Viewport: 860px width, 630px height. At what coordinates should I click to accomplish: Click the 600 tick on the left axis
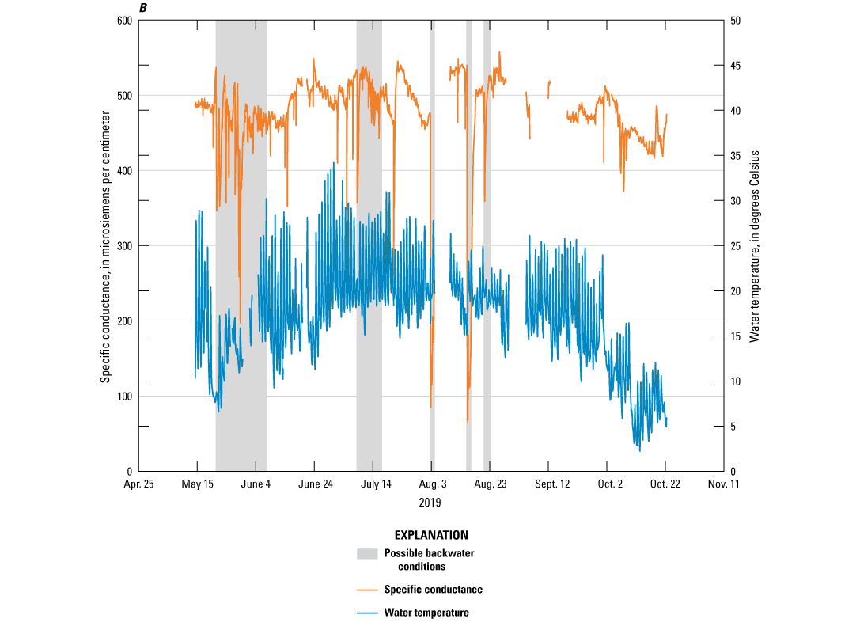123,21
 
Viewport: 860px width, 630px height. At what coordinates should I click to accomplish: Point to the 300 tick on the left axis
123,246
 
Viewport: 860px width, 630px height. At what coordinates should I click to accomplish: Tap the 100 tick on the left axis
123,397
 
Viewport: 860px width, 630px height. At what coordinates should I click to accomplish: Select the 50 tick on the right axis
735,21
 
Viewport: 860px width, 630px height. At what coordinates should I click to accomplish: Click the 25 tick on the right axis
735,246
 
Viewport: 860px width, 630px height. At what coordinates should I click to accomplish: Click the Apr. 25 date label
138,484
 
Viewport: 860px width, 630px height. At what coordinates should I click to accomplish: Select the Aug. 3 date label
432,484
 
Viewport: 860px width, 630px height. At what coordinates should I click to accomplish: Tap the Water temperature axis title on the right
755,245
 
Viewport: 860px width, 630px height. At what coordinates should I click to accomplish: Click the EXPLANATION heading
431,535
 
